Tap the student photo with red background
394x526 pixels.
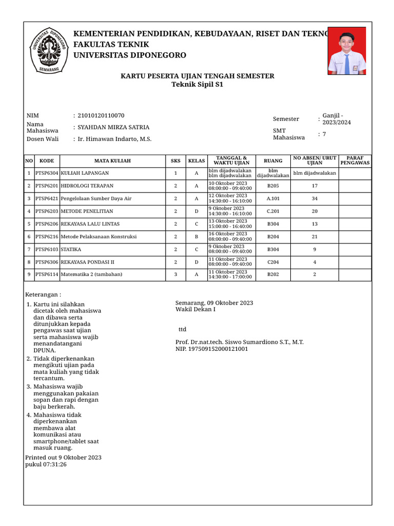click(346, 51)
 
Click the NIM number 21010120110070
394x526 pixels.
click(101, 116)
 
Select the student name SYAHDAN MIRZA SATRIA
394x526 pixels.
click(113, 127)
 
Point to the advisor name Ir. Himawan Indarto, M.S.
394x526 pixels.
click(114, 139)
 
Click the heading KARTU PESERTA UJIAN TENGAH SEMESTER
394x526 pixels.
click(197, 76)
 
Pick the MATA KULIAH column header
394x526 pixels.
click(112, 161)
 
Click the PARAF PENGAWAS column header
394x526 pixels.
click(355, 161)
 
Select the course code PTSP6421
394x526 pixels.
click(47, 199)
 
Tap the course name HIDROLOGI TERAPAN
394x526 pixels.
click(87, 186)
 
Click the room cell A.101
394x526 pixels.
click(273, 199)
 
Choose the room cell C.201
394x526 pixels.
click(273, 211)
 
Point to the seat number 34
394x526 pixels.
click(314, 199)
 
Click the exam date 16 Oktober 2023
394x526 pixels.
click(228, 234)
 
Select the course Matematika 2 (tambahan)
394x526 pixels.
click(92, 274)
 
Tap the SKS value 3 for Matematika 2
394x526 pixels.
click(175, 274)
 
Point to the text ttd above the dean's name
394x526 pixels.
click(182, 329)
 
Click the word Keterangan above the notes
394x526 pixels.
click(43, 295)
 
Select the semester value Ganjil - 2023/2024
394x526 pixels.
click(337, 119)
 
